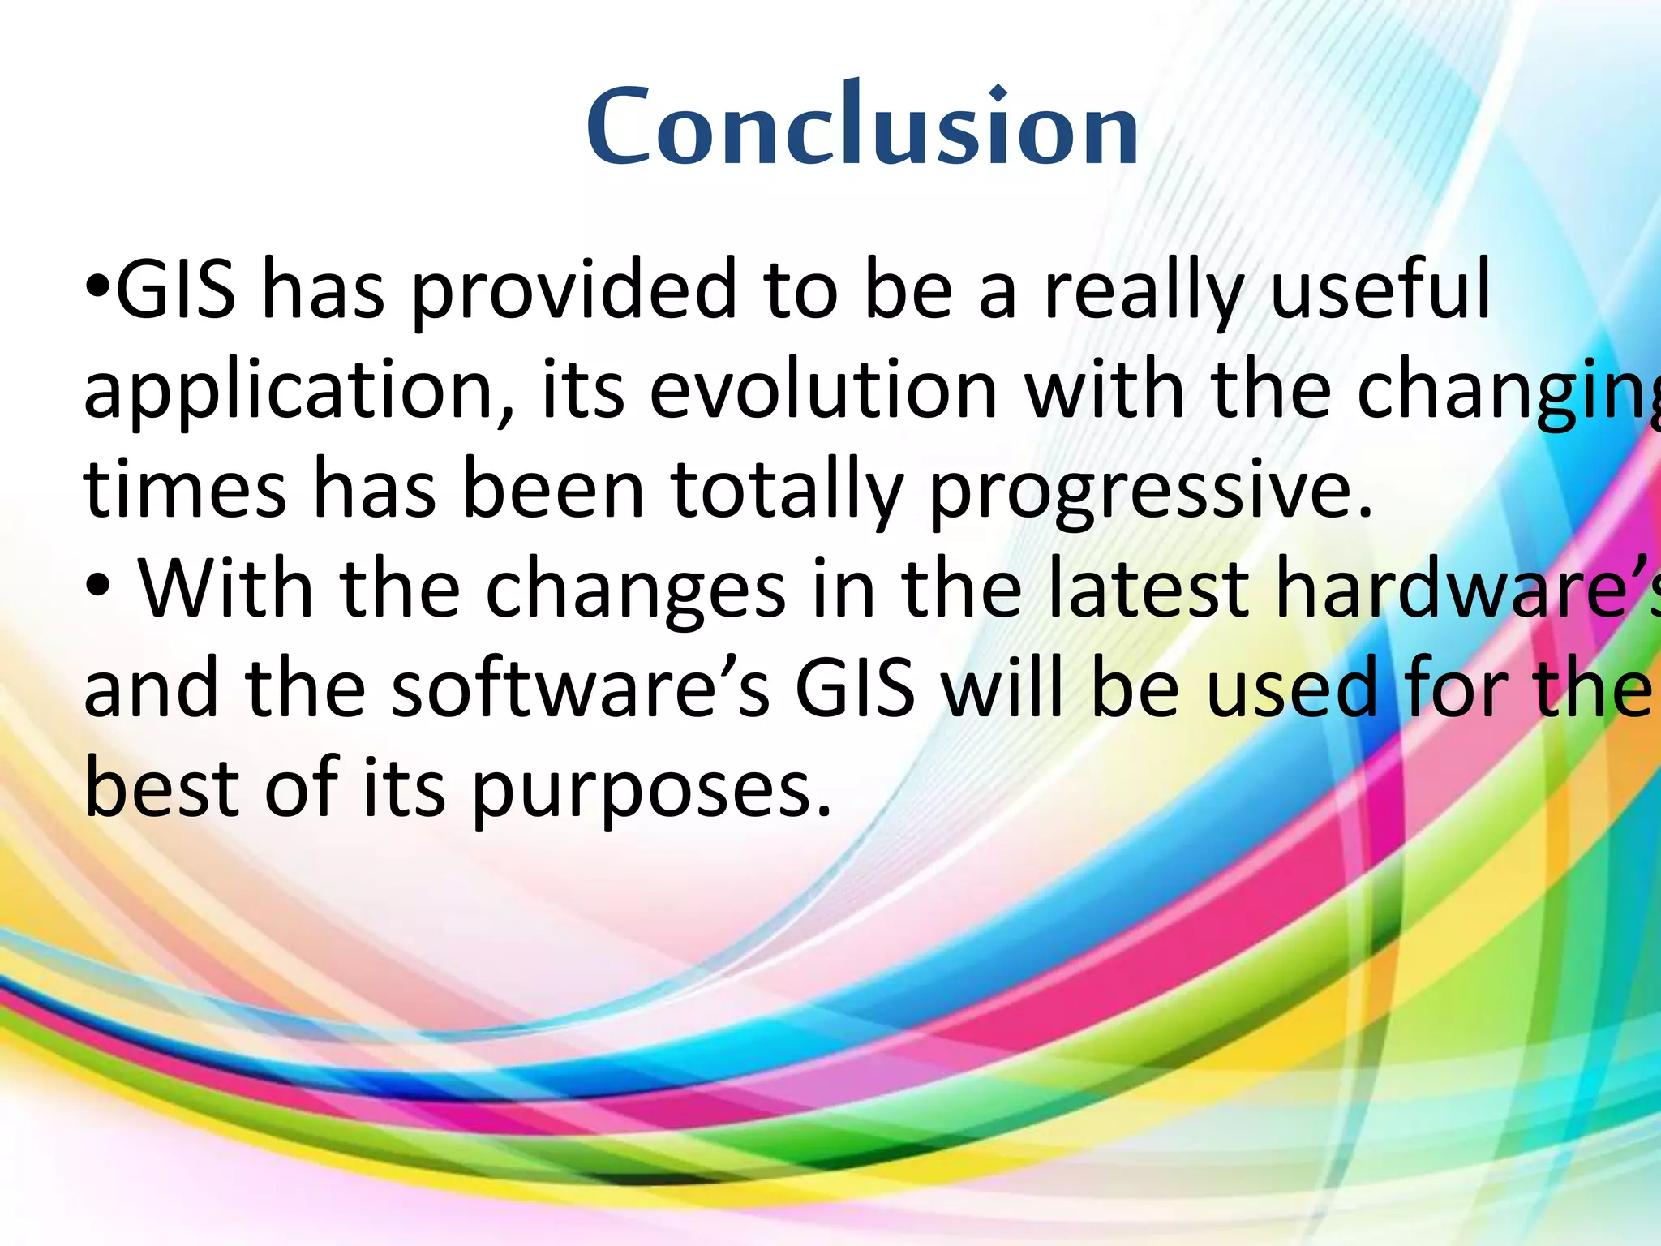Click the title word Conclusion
tap(863, 127)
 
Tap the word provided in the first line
tap(574, 290)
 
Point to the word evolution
tap(823, 390)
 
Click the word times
tap(185, 489)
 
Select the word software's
tap(581, 689)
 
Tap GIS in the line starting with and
tap(855, 689)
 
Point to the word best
tap(162, 787)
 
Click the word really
tap(1144, 290)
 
